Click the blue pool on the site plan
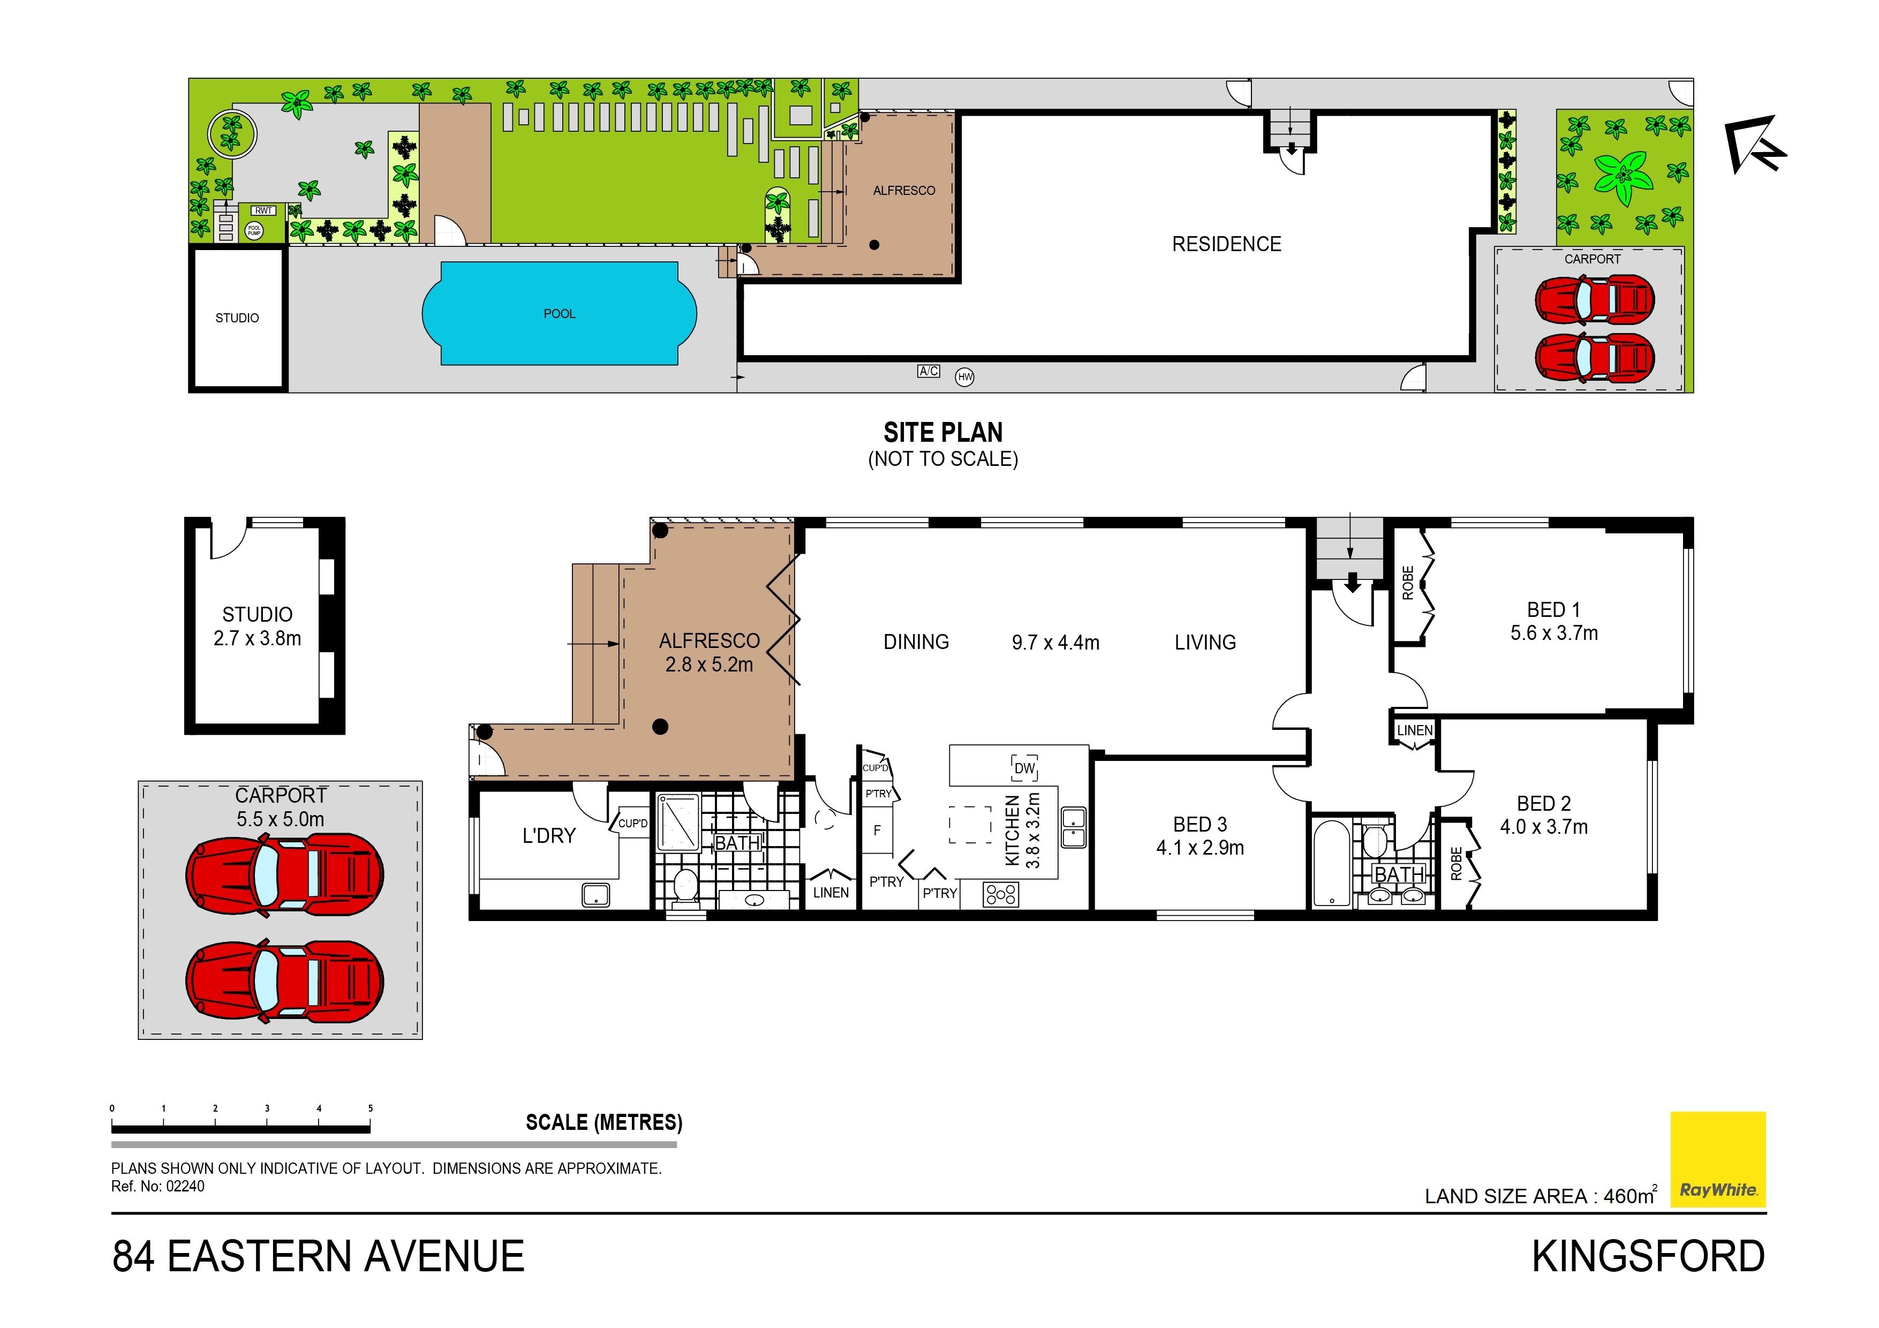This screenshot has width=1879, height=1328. click(559, 313)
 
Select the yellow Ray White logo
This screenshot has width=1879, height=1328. click(1718, 1159)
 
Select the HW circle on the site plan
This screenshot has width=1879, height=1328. click(965, 377)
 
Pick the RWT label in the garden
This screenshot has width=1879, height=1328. click(263, 211)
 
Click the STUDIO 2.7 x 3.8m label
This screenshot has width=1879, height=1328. click(257, 626)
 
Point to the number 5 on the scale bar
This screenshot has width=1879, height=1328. click(370, 1108)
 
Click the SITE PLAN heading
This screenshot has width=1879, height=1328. click(943, 432)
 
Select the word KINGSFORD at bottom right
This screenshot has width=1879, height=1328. click(1648, 1256)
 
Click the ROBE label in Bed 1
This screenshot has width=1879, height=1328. click(1408, 583)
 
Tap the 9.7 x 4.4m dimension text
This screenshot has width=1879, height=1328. click(1055, 643)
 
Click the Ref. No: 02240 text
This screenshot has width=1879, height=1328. click(158, 1187)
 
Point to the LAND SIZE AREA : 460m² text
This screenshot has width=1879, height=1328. click(1541, 1195)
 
